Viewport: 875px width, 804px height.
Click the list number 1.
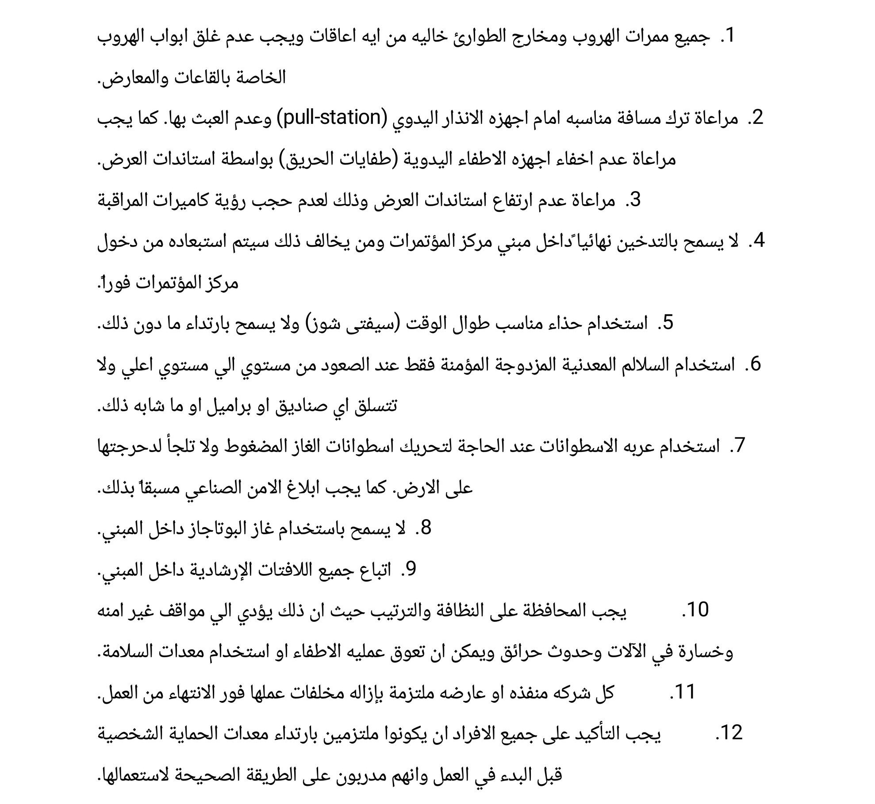[x=727, y=36]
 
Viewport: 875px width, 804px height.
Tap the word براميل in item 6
[x=226, y=405]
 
